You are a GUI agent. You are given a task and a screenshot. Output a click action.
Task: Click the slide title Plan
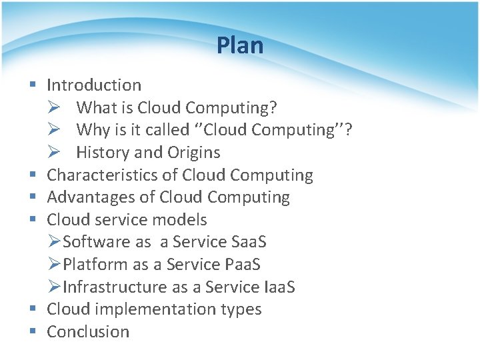point(240,46)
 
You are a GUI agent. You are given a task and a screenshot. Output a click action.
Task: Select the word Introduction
point(94,85)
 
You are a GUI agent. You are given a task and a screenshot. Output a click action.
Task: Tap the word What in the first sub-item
point(96,107)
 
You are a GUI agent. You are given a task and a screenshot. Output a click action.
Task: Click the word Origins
point(194,153)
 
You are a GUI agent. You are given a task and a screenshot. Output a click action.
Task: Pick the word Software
point(96,242)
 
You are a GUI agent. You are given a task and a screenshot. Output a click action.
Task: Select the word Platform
point(95,265)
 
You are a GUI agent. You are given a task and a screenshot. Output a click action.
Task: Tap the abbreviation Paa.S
point(239,265)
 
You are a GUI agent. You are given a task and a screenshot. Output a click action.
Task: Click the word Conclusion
point(88,332)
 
